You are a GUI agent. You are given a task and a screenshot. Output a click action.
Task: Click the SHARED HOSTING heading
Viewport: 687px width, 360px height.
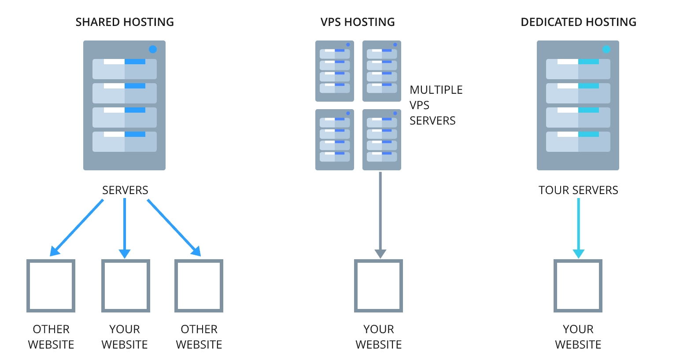click(125, 22)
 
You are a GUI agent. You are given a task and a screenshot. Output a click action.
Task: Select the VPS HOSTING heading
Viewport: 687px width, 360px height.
click(358, 22)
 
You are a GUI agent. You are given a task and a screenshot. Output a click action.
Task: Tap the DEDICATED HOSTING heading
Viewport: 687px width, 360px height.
click(578, 22)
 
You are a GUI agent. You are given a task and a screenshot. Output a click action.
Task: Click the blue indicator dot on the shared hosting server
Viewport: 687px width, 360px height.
click(153, 49)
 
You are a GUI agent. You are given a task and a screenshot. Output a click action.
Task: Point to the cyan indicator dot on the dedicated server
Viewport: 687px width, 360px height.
click(606, 49)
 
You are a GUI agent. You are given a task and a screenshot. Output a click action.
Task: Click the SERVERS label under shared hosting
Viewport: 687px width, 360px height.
click(125, 190)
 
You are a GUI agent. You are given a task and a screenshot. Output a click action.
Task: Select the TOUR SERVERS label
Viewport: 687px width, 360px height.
click(578, 190)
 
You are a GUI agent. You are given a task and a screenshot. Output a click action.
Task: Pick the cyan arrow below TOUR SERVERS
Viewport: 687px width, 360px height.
click(578, 227)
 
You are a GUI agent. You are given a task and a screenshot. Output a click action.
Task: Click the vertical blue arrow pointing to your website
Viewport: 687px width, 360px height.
click(125, 227)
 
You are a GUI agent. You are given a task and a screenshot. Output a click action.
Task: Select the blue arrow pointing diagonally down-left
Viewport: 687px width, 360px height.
click(78, 227)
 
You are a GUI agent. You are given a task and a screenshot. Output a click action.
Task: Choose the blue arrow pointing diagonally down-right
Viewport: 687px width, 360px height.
click(174, 227)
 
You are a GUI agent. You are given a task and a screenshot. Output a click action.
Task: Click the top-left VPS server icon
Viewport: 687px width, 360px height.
click(335, 71)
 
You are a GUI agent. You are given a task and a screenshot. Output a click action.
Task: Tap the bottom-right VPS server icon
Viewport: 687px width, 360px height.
click(382, 140)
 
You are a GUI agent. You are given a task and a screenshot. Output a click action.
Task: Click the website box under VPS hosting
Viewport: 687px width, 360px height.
click(379, 286)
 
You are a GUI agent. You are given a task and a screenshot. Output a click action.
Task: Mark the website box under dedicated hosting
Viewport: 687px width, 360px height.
click(578, 286)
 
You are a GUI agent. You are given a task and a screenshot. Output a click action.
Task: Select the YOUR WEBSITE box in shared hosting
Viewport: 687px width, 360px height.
click(126, 286)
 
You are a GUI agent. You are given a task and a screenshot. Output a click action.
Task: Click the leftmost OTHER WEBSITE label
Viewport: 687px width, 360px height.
click(51, 337)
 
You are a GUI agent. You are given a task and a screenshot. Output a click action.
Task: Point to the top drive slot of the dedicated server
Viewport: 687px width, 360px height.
click(578, 69)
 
